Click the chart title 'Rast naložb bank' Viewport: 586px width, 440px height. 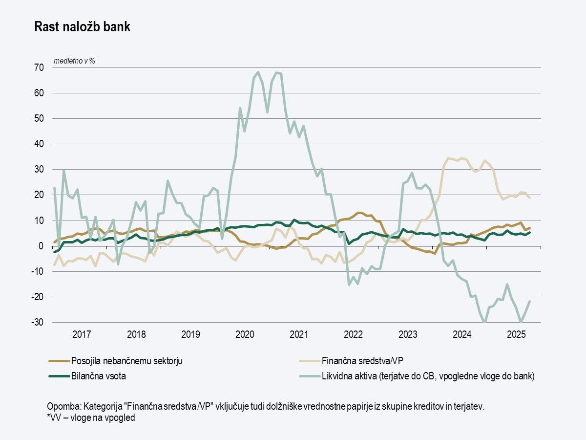point(82,27)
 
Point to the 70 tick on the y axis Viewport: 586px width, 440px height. point(39,67)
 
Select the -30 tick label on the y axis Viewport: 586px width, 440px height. point(37,322)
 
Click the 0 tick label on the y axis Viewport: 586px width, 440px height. point(41,246)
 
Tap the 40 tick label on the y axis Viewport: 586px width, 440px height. point(39,144)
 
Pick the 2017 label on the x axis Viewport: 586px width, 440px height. point(82,335)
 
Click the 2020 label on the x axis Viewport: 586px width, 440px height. point(245,335)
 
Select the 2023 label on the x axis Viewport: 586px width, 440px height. point(408,335)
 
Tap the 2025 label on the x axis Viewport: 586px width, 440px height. point(516,335)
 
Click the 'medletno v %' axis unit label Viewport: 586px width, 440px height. point(74,61)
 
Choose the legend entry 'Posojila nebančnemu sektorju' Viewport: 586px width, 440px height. point(127,361)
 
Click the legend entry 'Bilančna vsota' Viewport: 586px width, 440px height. point(101,376)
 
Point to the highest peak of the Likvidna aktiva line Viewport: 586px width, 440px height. point(258,72)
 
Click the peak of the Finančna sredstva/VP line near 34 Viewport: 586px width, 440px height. point(448,158)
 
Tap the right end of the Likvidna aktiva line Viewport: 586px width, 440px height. point(530,301)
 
